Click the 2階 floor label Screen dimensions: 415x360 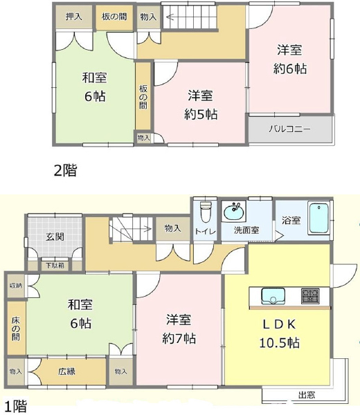tap(65, 170)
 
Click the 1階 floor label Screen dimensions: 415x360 tap(18, 406)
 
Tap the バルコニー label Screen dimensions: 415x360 tap(289, 129)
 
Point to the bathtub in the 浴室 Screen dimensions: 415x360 tap(319, 219)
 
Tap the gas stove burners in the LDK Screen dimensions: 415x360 tap(309, 296)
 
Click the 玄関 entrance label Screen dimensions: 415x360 tap(55, 237)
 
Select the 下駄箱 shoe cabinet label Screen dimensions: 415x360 tap(55, 264)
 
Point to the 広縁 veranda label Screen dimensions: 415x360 tap(66, 371)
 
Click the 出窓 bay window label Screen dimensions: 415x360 tap(307, 396)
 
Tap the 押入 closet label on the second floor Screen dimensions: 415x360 tap(73, 17)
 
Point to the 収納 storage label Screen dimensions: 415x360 tap(15, 286)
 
